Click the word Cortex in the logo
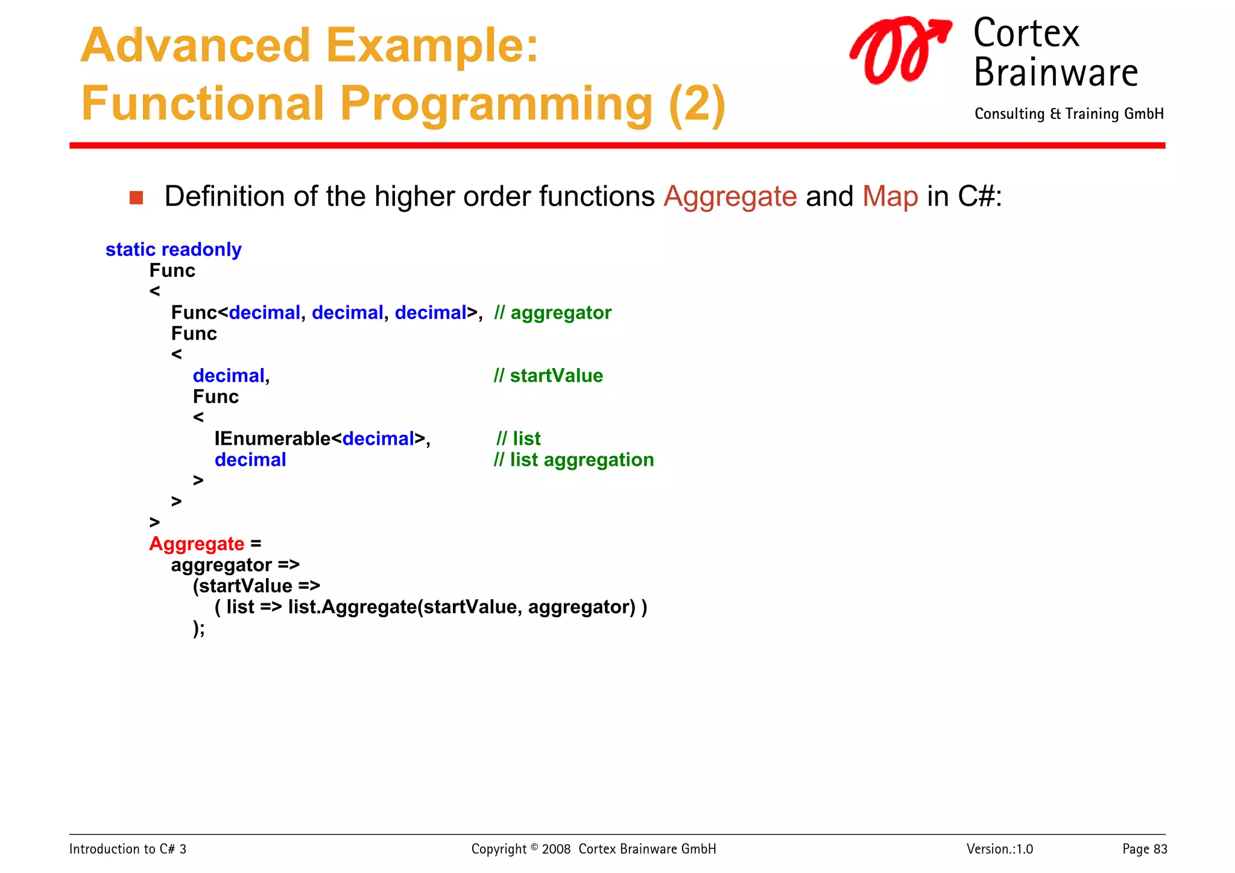(1026, 34)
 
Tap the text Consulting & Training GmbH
(1069, 114)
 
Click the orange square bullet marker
(136, 198)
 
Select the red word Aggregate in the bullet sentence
(730, 197)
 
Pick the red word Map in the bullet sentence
(889, 197)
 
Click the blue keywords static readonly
(173, 249)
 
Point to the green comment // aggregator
(552, 313)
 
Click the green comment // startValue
(548, 375)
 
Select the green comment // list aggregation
(573, 460)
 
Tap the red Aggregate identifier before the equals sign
(197, 544)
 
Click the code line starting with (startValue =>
(256, 586)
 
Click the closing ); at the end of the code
(199, 628)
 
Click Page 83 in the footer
(1144, 849)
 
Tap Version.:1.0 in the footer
(999, 849)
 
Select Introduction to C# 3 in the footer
(128, 849)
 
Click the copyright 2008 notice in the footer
(593, 849)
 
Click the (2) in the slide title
(696, 104)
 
